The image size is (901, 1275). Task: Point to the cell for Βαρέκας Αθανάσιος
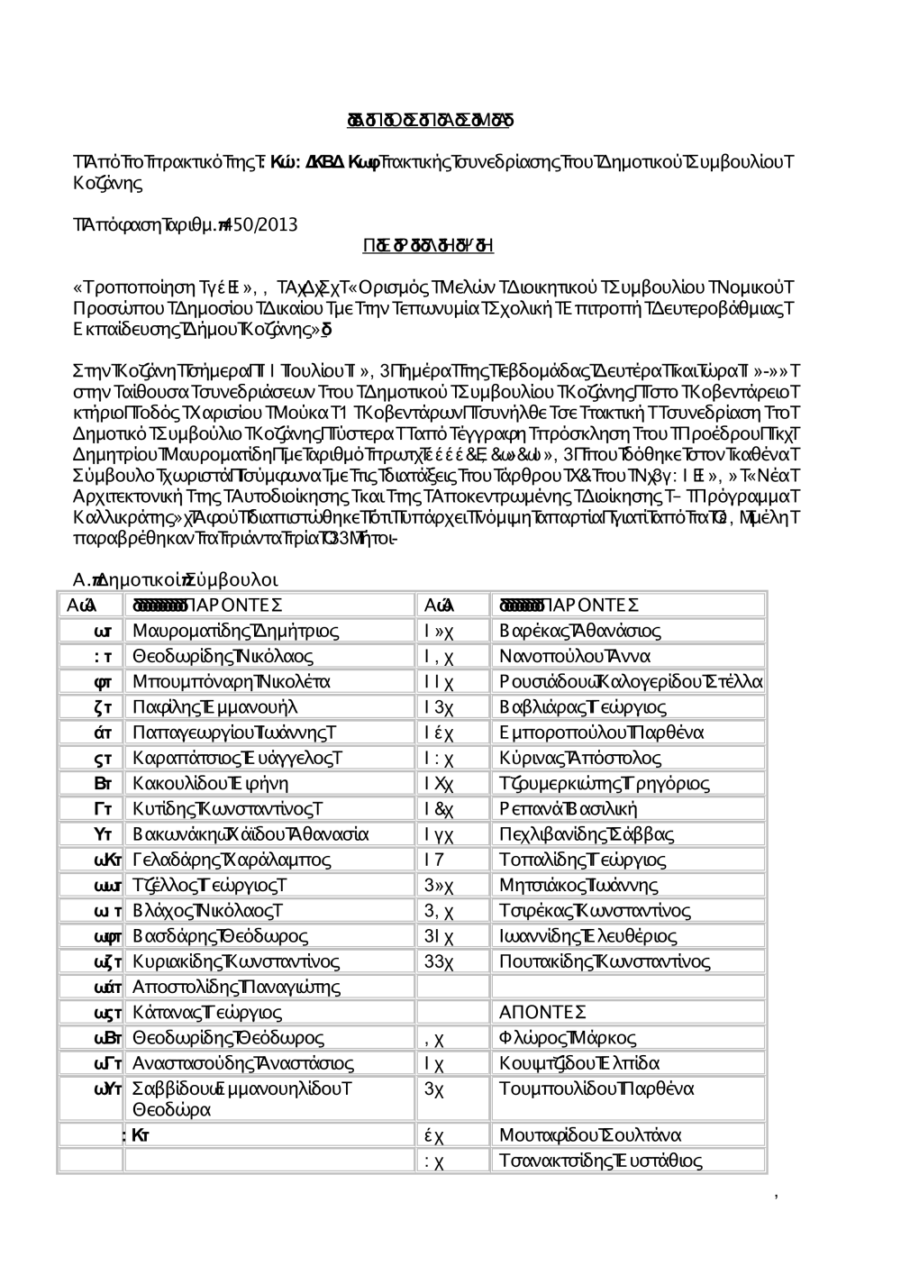point(580,631)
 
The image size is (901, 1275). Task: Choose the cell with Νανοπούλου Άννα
point(575,656)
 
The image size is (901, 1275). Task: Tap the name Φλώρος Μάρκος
point(568,1038)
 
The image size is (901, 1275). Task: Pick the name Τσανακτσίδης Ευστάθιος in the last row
point(601,1161)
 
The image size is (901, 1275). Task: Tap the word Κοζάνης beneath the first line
point(107,184)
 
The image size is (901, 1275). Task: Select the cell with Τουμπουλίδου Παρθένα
point(596,1088)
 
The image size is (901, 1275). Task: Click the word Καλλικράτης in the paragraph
point(119,518)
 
